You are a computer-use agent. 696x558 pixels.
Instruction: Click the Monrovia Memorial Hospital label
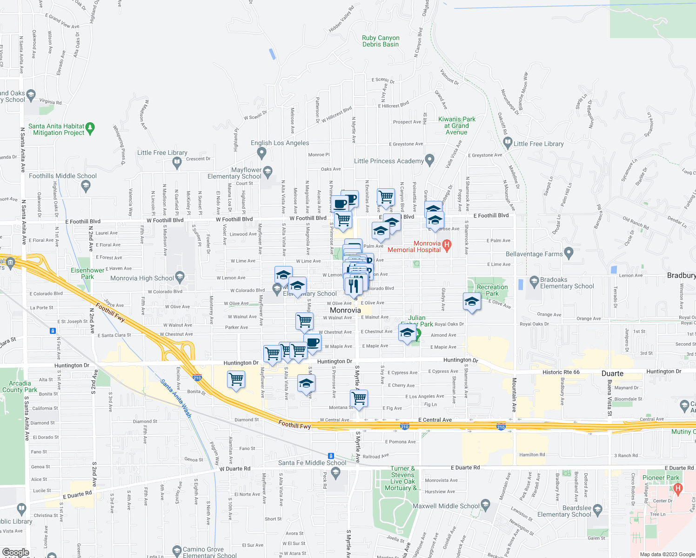tap(414, 246)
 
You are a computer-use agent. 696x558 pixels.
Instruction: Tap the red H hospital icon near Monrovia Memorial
tap(447, 245)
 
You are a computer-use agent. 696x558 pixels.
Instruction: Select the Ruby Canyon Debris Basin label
tap(381, 41)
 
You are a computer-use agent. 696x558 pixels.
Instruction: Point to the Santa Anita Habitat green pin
tap(90, 127)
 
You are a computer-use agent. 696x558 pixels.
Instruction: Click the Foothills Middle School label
tap(63, 176)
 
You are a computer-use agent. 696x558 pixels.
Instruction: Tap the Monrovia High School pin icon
tap(180, 276)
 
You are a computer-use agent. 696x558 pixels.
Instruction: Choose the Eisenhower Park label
tap(87, 273)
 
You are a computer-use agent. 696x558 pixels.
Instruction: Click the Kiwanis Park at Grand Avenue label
tap(456, 126)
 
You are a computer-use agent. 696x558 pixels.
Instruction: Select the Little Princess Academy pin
tap(429, 160)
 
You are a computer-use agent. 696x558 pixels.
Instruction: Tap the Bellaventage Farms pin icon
tap(569, 253)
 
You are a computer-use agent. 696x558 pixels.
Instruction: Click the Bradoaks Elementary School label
tap(567, 283)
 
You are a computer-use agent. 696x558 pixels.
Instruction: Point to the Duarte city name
tap(612, 373)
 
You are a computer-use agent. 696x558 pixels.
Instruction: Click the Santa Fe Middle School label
tap(312, 463)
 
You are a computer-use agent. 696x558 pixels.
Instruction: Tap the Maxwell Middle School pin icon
tap(485, 505)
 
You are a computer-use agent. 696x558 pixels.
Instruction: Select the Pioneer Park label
tap(661, 478)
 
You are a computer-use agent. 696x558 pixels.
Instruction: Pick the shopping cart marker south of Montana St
tap(359, 399)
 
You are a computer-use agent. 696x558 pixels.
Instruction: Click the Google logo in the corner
tap(15, 552)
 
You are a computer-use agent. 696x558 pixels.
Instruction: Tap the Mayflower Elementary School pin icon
tap(268, 172)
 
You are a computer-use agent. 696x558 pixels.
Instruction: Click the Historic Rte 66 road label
tap(561, 372)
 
